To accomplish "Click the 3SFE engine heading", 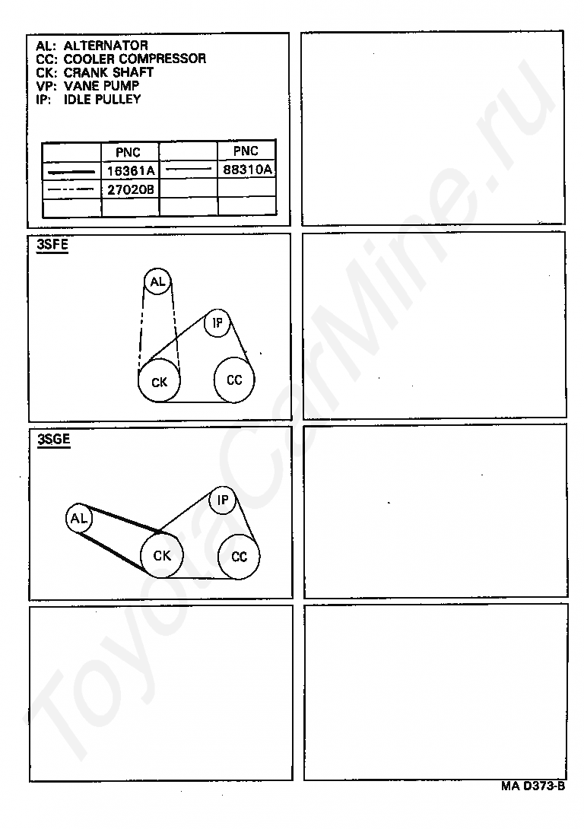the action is (x=52, y=245).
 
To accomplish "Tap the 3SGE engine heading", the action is (x=53, y=440).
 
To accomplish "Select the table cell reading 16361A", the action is (x=131, y=171).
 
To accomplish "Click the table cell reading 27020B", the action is (x=131, y=189).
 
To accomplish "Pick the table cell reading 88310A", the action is (x=247, y=169).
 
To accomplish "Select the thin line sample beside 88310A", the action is (x=189, y=170).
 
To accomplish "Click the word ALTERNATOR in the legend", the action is (x=106, y=46).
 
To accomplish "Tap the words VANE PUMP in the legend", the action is (x=101, y=86).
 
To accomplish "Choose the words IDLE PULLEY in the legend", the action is (x=103, y=100).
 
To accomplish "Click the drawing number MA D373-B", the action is (x=533, y=786).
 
